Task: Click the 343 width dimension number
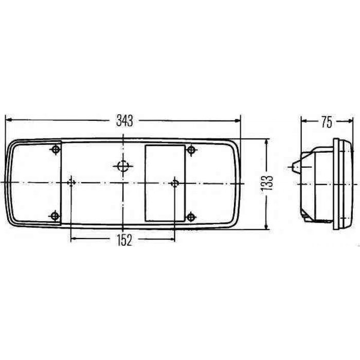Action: tap(124, 121)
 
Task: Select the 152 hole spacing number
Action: tap(123, 239)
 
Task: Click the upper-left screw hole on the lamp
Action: tap(56, 150)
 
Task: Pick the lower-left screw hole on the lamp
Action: tap(56, 216)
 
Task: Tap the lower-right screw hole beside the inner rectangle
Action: tap(191, 217)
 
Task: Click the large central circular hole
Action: tap(123, 166)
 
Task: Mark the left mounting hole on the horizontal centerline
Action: tap(71, 183)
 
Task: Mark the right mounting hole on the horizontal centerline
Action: tap(176, 183)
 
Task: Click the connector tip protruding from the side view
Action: tap(292, 166)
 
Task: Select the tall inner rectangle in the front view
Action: tap(165, 183)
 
